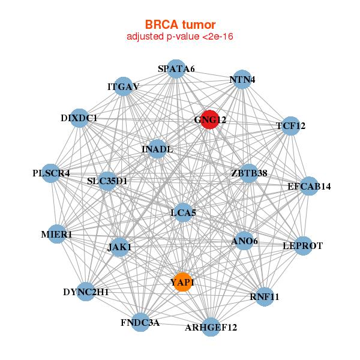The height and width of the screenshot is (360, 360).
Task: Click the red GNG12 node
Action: (209, 119)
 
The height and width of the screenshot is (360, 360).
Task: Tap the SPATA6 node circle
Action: (175, 68)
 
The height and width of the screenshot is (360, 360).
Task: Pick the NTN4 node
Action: (241, 80)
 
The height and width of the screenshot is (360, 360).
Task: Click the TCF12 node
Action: (290, 126)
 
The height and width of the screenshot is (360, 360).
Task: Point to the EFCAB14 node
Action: (308, 186)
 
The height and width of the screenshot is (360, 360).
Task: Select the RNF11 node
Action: (265, 296)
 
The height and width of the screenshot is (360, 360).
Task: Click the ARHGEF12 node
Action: (211, 327)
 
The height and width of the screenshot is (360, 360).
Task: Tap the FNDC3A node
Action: (140, 322)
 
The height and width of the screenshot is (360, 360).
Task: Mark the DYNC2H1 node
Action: (86, 292)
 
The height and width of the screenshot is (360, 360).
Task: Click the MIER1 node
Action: (56, 234)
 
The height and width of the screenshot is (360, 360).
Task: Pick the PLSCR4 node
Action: (52, 173)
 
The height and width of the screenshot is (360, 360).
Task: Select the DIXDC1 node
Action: (80, 118)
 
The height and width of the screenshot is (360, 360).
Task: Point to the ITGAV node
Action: (124, 86)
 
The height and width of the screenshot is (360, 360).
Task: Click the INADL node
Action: (157, 149)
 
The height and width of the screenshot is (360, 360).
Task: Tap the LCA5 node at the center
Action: (184, 212)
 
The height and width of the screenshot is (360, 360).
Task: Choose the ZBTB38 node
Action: (248, 173)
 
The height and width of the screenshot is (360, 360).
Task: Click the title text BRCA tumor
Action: (180, 25)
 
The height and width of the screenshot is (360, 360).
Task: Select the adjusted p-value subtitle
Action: (180, 37)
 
